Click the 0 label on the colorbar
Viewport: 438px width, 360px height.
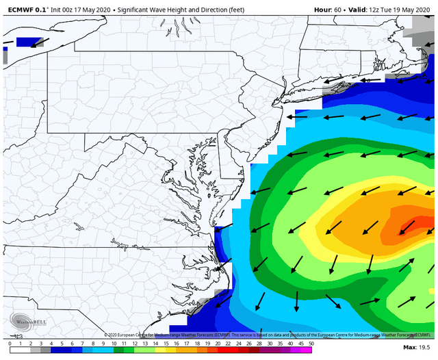10,344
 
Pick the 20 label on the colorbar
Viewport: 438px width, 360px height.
218,344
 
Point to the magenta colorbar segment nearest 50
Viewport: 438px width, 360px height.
306,351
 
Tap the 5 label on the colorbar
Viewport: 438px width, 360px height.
62,344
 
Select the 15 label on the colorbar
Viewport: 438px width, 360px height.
166,344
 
